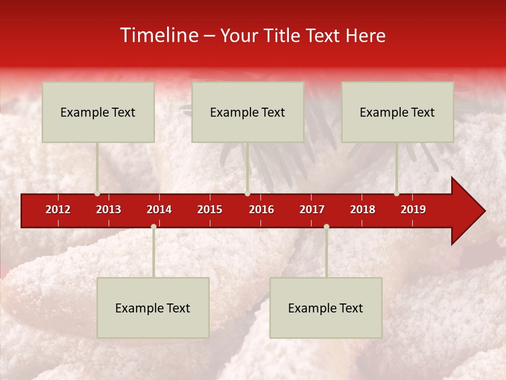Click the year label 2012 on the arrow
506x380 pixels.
[58, 210]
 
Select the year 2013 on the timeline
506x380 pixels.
[109, 210]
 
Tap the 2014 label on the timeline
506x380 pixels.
[159, 210]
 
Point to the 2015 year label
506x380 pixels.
[210, 210]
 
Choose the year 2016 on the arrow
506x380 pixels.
[261, 210]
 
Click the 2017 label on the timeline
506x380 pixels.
[312, 210]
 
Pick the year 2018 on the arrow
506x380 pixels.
[363, 210]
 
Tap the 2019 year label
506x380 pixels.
[413, 210]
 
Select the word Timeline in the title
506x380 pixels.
[159, 35]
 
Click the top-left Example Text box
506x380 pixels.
[98, 112]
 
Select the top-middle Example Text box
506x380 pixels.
[248, 112]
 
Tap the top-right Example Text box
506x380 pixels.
[397, 112]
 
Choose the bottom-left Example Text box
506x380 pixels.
[153, 308]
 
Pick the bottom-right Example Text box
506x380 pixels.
[326, 308]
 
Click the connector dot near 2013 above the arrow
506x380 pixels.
[97, 193]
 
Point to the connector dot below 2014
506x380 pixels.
[153, 226]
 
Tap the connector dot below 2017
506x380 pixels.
[326, 226]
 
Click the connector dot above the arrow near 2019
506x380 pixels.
[396, 193]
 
